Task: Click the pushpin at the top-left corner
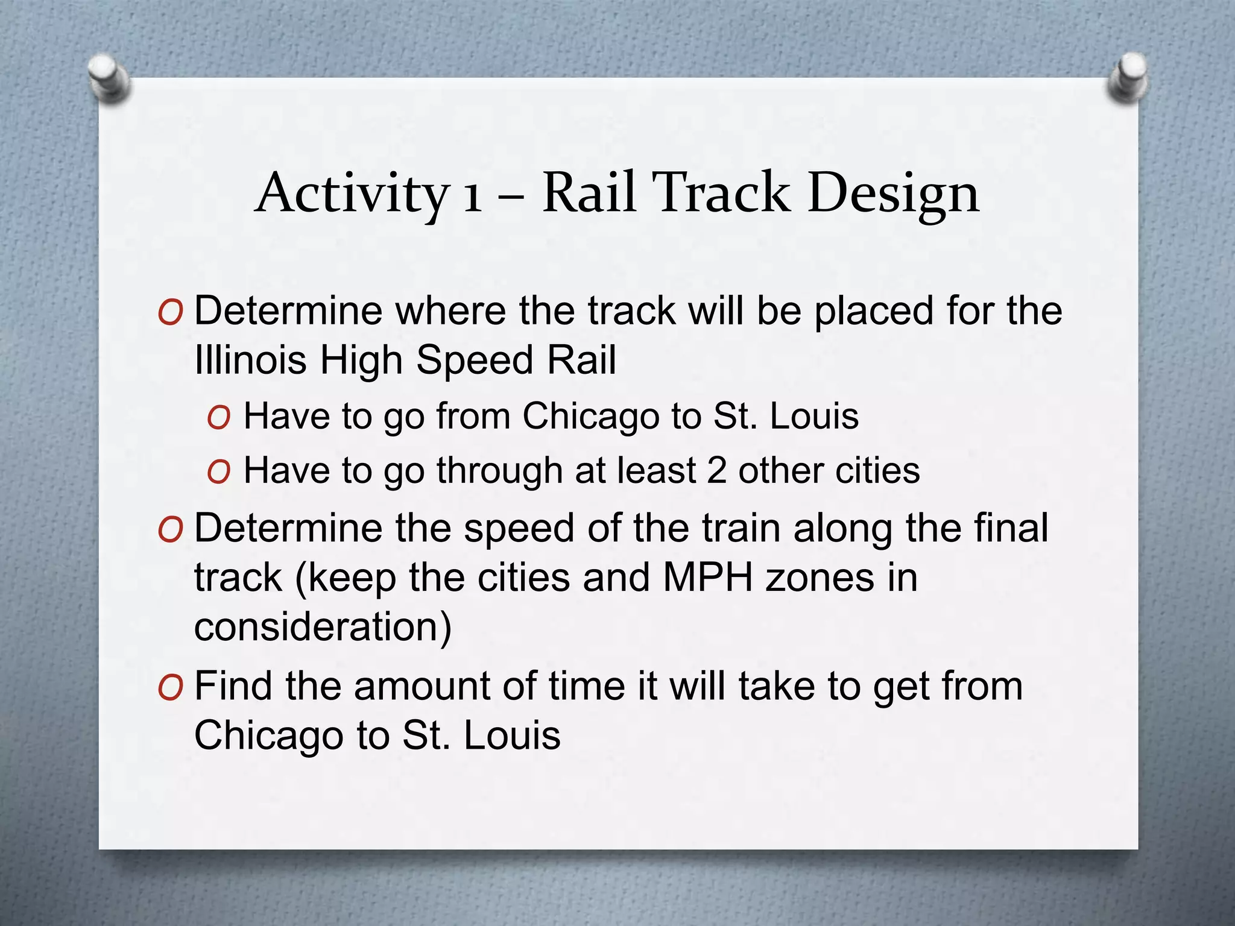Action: [x=108, y=78]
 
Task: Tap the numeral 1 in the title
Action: [x=472, y=197]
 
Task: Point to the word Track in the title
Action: [x=722, y=193]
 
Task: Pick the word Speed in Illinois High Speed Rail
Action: [x=474, y=361]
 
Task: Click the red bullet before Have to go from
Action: [x=218, y=418]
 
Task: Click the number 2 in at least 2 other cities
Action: [x=716, y=470]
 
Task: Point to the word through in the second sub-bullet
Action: [x=499, y=471]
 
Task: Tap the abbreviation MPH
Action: [x=708, y=578]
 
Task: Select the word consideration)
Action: [x=323, y=627]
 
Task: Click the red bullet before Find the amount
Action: [x=169, y=688]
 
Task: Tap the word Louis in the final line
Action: [x=512, y=735]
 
